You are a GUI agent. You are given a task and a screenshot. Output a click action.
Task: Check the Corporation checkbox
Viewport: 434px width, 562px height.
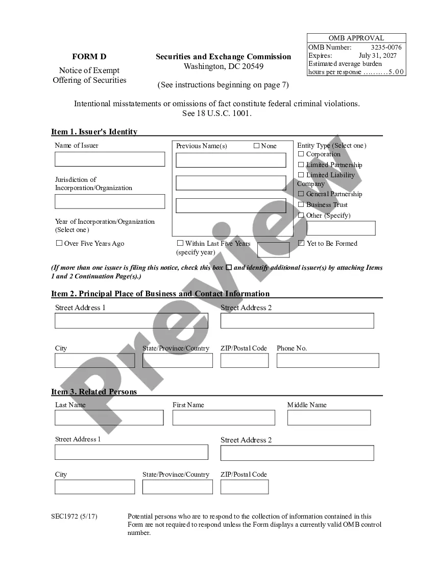(x=301, y=154)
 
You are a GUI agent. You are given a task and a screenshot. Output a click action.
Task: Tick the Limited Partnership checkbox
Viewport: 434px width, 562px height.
(x=301, y=165)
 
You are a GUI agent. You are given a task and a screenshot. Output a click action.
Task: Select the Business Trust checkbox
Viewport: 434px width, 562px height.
(x=301, y=204)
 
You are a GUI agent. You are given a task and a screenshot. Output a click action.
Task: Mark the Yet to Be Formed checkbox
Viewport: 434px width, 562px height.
(x=301, y=243)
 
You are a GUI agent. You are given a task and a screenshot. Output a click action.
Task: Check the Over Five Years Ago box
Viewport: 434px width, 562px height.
(x=59, y=243)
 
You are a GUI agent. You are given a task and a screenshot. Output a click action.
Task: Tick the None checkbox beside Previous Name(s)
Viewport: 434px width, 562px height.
(x=256, y=146)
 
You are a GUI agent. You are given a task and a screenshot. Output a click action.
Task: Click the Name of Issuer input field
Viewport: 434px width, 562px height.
(x=110, y=159)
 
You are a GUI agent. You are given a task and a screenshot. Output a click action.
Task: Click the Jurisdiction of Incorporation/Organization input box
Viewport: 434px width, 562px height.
(x=110, y=201)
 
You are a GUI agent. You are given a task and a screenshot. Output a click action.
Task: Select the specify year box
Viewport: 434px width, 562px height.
(x=273, y=250)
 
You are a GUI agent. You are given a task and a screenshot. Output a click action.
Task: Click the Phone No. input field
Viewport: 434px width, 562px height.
(x=328, y=360)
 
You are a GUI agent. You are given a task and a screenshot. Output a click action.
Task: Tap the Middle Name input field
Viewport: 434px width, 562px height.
(x=329, y=417)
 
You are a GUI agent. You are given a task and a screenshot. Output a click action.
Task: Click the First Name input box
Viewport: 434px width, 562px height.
(x=224, y=417)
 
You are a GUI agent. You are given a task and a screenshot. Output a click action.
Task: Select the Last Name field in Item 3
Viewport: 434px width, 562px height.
(x=109, y=417)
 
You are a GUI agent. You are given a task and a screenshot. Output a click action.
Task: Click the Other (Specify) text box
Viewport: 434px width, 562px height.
(x=337, y=228)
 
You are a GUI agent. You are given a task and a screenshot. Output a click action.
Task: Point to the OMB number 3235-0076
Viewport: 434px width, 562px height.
(x=386, y=47)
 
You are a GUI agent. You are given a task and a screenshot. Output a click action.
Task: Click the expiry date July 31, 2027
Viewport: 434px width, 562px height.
(x=377, y=55)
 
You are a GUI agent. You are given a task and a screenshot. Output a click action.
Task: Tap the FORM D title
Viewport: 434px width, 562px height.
(x=89, y=57)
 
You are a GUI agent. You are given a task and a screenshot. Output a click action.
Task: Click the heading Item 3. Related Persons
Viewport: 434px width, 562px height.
(x=94, y=392)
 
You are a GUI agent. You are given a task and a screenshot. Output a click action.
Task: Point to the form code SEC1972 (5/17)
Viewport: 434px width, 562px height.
(x=74, y=517)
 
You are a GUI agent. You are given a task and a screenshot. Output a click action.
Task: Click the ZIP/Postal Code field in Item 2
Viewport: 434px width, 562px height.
(x=245, y=360)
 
